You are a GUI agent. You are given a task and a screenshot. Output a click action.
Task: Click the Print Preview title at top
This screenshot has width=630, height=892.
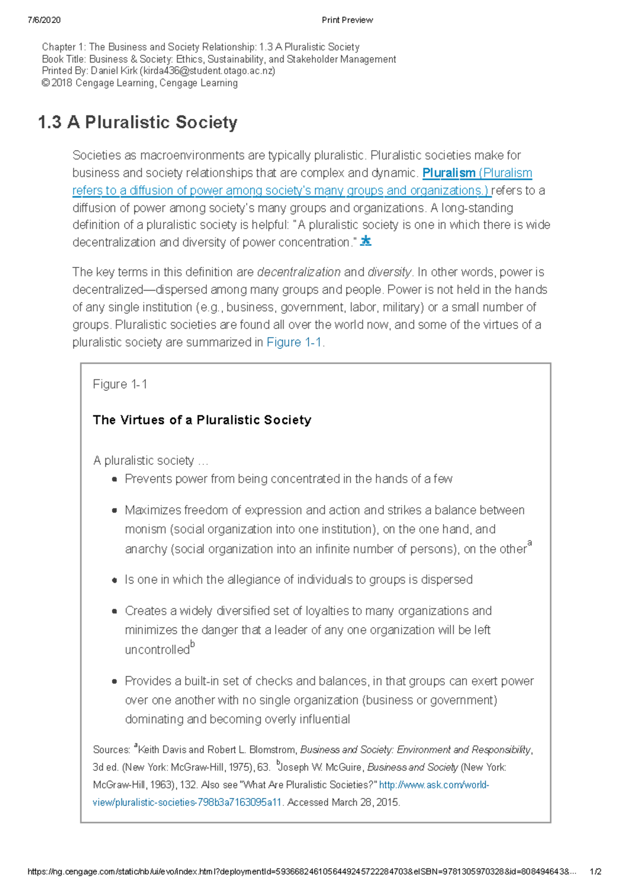pyautogui.click(x=347, y=20)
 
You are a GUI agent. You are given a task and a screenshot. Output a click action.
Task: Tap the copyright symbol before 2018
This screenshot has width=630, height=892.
pyautogui.click(x=45, y=83)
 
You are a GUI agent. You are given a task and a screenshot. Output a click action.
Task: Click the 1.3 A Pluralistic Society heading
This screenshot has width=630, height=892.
pyautogui.click(x=138, y=122)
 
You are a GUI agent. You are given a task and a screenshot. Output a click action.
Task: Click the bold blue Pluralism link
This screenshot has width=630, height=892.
pyautogui.click(x=449, y=173)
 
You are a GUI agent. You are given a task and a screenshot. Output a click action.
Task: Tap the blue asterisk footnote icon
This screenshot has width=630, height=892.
pyautogui.click(x=366, y=242)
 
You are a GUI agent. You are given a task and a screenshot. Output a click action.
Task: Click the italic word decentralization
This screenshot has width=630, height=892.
pyautogui.click(x=299, y=272)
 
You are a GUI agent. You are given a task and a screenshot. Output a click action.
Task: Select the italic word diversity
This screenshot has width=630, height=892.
pyautogui.click(x=390, y=272)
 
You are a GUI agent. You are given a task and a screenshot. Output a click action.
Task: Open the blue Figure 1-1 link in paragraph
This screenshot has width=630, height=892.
pyautogui.click(x=294, y=343)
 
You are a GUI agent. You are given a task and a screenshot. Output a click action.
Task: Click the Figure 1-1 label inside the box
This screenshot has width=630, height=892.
pyautogui.click(x=120, y=385)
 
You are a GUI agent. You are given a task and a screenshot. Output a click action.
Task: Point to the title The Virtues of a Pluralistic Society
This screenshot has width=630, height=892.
pyautogui.click(x=202, y=420)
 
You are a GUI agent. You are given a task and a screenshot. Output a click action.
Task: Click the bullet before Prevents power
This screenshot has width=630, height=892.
pyautogui.click(x=114, y=480)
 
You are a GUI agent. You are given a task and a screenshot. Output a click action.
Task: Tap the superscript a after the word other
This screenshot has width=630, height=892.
pyautogui.click(x=529, y=543)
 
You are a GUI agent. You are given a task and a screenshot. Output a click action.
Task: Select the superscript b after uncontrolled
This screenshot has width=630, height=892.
pyautogui.click(x=192, y=644)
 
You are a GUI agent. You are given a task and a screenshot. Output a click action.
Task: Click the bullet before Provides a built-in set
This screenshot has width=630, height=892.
pyautogui.click(x=114, y=682)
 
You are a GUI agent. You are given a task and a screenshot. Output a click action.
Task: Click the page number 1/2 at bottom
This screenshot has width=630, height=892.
pyautogui.click(x=595, y=872)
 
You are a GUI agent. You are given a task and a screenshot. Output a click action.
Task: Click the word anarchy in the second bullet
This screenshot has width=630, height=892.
pyautogui.click(x=146, y=549)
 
